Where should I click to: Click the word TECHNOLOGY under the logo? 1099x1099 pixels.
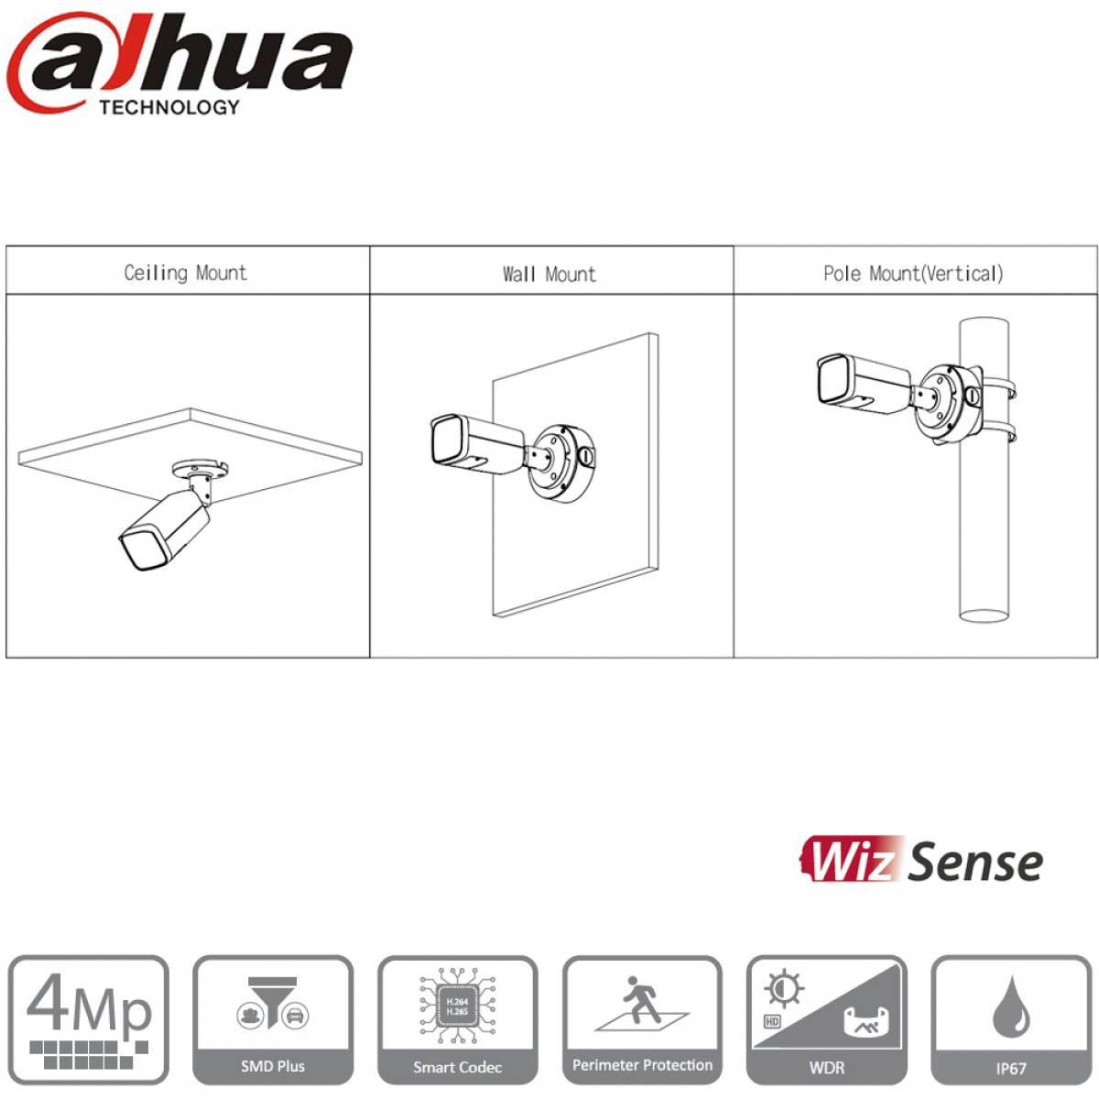pos(169,107)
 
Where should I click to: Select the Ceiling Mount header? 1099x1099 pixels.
pos(185,273)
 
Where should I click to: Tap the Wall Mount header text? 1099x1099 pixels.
pos(549,275)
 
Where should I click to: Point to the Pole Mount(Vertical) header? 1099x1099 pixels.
pos(913,274)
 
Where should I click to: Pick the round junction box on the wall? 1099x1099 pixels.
pos(561,463)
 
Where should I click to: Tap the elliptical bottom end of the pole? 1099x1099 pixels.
pos(984,615)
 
